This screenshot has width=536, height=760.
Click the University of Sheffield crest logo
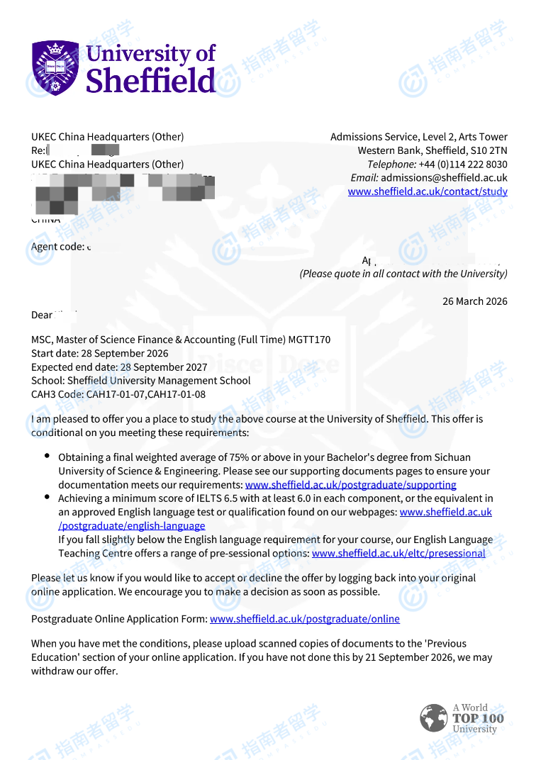pos(55,69)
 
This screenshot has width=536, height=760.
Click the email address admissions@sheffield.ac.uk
pos(444,178)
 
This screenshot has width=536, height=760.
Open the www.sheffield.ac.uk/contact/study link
pos(428,191)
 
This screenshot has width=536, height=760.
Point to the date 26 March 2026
pos(475,301)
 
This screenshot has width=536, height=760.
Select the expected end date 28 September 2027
pos(164,367)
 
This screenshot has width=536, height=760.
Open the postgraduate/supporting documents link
pos(350,485)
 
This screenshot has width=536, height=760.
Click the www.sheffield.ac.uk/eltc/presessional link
pos(398,553)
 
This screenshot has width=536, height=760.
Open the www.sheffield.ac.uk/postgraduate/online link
pos(305,619)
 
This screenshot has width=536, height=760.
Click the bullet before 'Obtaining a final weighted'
pos(47,457)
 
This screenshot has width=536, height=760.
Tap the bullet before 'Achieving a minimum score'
pos(47,498)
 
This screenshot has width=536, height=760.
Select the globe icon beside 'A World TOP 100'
pos(433,718)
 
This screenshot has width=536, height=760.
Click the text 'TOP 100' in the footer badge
pos(478,718)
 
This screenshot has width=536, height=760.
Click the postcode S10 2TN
pos(489,150)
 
